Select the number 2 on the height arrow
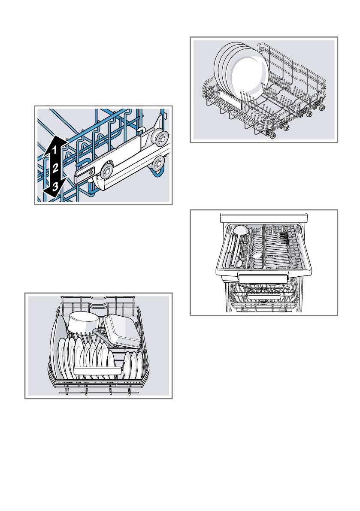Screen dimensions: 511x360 point(55,169)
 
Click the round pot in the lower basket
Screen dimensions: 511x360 point(84,322)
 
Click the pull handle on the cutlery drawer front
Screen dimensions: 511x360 point(263,279)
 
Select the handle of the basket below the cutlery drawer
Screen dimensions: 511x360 point(263,297)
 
